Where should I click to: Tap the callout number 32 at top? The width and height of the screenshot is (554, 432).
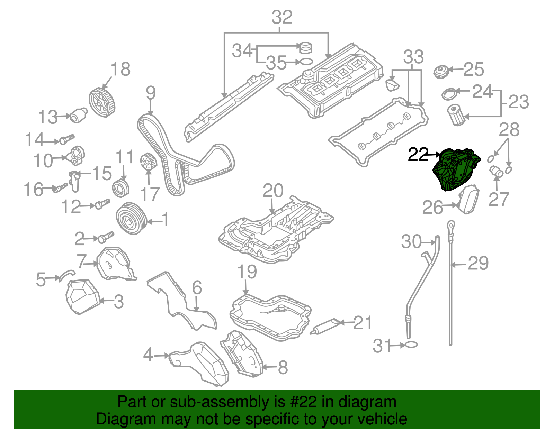(x=282, y=17)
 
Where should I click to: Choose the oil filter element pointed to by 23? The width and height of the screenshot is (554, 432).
(x=455, y=115)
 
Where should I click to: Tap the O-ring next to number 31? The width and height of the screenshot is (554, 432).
(x=411, y=344)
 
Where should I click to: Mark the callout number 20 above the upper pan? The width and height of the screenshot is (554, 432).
(x=273, y=191)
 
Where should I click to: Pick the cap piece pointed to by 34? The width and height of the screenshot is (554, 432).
(x=305, y=47)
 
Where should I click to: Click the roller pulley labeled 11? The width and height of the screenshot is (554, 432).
(x=121, y=189)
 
